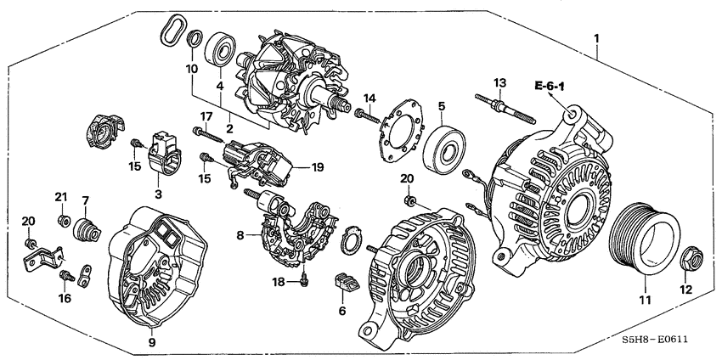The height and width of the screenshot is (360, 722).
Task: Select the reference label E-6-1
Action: click(x=550, y=86)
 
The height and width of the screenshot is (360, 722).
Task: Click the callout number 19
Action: click(x=318, y=168)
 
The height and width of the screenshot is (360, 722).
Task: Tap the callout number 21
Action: click(x=60, y=198)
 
